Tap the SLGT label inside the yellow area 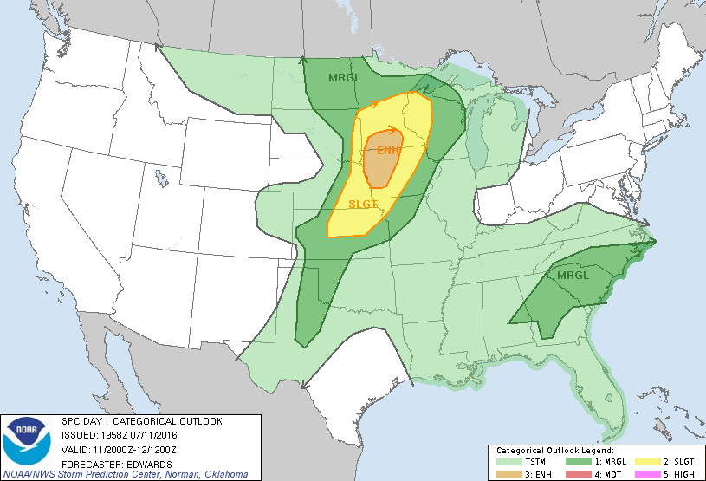[364, 205]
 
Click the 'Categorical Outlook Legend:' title [554, 451]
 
